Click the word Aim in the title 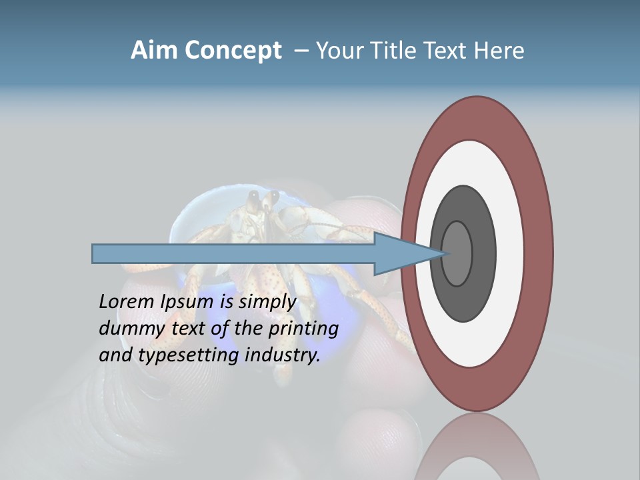[155, 51]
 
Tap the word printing [303, 329]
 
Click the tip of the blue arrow [445, 253]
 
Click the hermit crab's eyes [263, 198]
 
